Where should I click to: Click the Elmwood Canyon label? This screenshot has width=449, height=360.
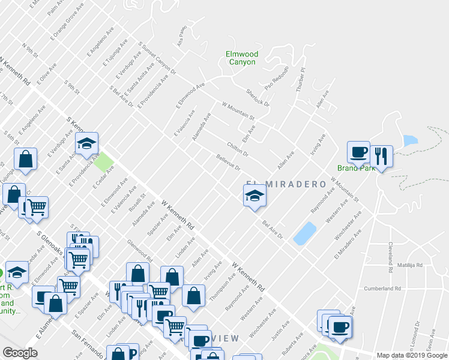click(242, 58)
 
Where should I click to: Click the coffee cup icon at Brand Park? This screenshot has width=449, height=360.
click(358, 152)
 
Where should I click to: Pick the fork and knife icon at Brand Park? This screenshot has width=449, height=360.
click(381, 156)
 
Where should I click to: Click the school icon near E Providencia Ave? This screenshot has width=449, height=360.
click(87, 143)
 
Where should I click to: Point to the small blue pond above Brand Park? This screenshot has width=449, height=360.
click(411, 141)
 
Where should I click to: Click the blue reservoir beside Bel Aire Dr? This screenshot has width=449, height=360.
click(305, 233)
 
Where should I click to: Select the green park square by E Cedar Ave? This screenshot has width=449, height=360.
click(103, 161)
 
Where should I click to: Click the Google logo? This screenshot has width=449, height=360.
click(20, 353)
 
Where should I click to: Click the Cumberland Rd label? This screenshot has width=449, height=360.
click(382, 289)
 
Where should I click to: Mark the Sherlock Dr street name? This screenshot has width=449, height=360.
click(258, 98)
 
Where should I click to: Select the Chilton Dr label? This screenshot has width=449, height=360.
click(238, 149)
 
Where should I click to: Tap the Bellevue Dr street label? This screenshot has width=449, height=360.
click(228, 163)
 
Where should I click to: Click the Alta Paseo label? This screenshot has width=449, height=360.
click(182, 37)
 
